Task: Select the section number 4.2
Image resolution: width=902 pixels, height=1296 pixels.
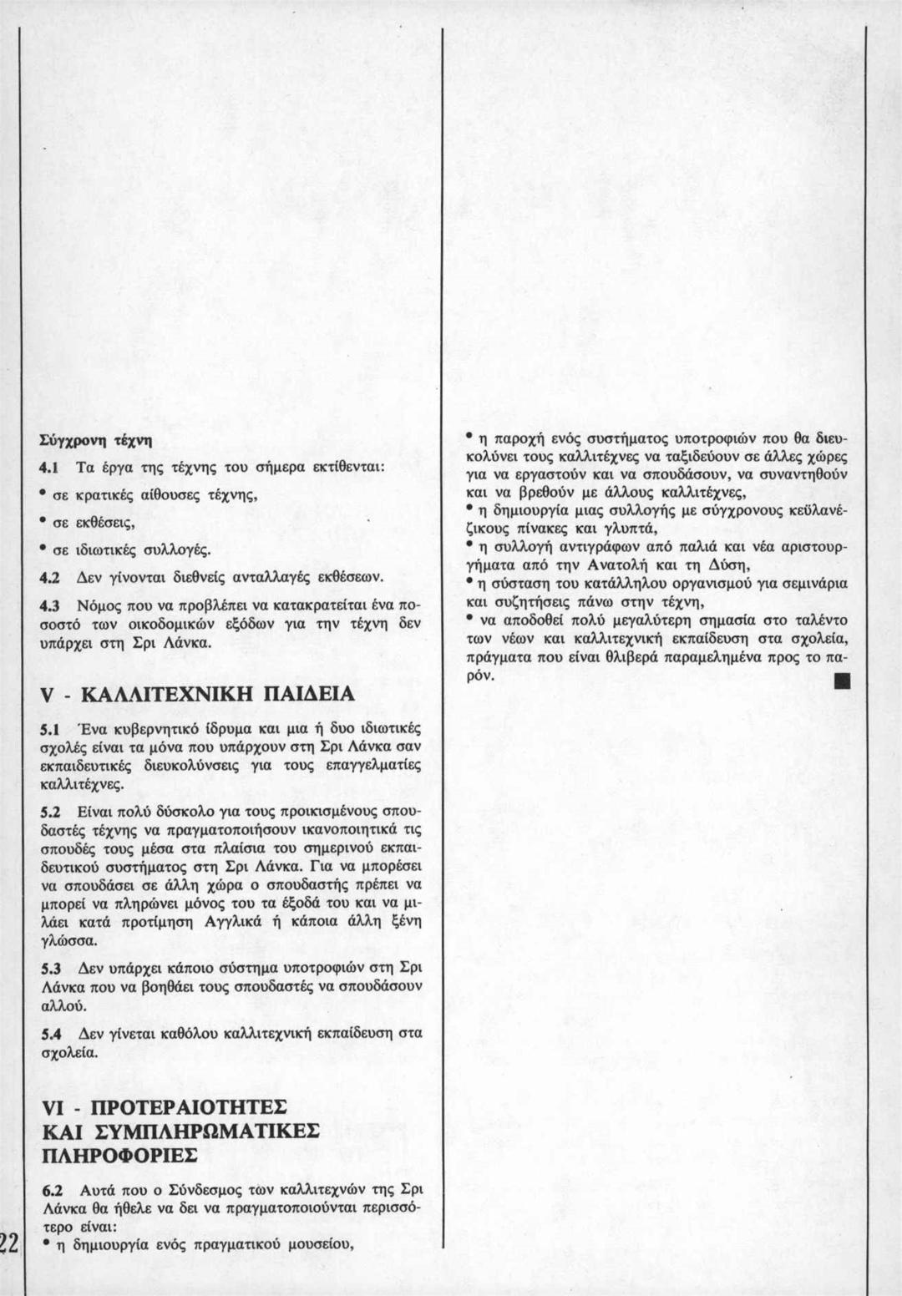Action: [x=52, y=577]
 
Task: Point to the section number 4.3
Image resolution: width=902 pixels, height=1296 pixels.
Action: [x=52, y=603]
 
